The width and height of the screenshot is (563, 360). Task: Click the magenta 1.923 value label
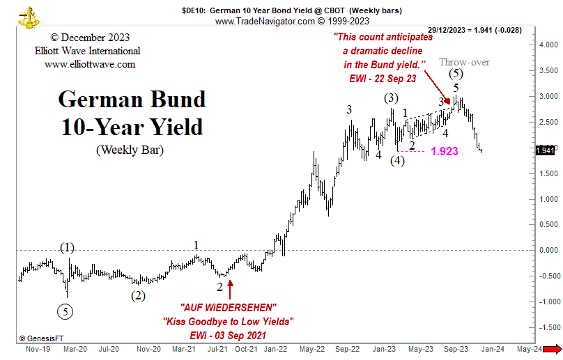click(445, 151)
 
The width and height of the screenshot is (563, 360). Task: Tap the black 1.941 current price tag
click(545, 150)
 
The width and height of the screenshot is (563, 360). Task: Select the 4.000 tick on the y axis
click(548, 45)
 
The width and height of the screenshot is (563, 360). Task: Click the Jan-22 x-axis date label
click(275, 349)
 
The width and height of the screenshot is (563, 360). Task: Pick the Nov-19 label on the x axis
click(38, 349)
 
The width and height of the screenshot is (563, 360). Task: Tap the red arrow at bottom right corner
click(553, 349)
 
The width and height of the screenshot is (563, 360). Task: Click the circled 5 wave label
click(65, 311)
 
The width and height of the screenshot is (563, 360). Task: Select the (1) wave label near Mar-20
click(67, 248)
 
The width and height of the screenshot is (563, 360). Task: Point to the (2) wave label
click(138, 296)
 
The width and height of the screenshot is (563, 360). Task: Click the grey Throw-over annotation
click(464, 62)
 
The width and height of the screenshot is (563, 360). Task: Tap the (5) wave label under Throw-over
click(456, 74)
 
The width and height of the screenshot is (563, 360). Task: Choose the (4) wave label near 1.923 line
click(397, 160)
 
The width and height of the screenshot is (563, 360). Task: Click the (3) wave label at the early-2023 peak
click(391, 98)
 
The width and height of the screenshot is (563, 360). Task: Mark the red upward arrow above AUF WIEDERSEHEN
click(230, 289)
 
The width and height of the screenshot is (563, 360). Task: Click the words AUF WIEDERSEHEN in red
click(229, 308)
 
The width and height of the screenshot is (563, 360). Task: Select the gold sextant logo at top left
click(29, 17)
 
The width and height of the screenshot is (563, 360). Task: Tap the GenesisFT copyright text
click(41, 338)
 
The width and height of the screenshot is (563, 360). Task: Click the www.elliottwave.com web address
click(90, 65)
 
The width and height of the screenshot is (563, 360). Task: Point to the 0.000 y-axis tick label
click(548, 251)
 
